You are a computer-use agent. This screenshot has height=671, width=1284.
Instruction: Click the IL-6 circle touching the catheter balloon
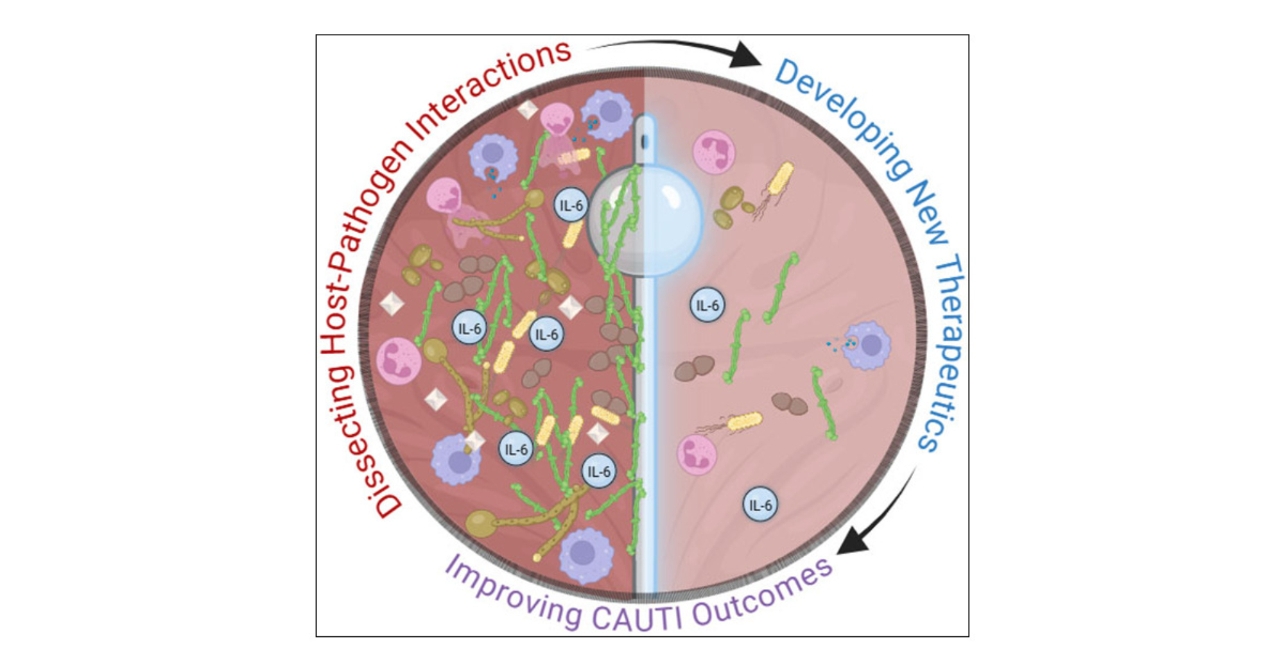tap(571, 205)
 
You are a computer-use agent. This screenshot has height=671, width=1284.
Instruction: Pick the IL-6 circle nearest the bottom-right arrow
tap(760, 505)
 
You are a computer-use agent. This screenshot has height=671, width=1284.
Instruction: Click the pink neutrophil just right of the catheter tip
tap(714, 152)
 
